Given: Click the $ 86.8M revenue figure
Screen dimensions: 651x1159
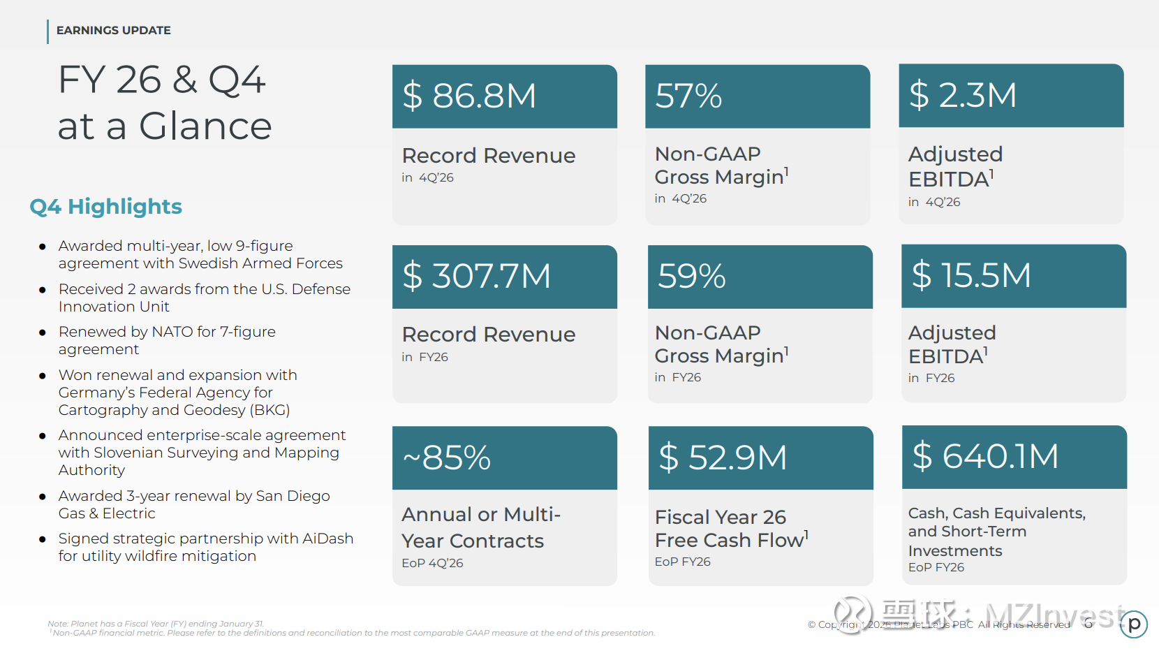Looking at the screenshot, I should (469, 96).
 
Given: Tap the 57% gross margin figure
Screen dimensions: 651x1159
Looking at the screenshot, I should (688, 96).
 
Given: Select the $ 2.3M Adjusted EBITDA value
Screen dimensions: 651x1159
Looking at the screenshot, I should (963, 95).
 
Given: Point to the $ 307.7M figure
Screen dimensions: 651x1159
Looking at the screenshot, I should (477, 276).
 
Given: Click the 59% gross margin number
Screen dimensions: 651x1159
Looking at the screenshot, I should (692, 276).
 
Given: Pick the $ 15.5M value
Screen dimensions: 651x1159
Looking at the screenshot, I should (971, 275).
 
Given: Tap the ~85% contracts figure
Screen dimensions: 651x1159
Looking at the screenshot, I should (447, 458).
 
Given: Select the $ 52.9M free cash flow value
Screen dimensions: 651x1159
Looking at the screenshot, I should (723, 458).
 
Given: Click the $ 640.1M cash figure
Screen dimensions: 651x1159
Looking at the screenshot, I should (985, 456).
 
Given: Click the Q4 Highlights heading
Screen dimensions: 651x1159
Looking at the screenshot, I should (105, 207).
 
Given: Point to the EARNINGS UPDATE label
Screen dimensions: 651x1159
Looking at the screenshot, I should (113, 31).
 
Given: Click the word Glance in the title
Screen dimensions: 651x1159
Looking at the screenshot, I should (205, 126).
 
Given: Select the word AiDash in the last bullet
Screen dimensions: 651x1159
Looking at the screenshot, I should (327, 539).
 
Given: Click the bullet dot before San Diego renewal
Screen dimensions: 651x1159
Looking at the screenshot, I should (43, 497).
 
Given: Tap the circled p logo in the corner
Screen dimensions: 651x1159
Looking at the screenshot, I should (1134, 624).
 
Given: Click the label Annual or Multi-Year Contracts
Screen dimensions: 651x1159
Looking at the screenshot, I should (480, 527).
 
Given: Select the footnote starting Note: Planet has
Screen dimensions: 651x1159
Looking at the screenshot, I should (156, 624).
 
